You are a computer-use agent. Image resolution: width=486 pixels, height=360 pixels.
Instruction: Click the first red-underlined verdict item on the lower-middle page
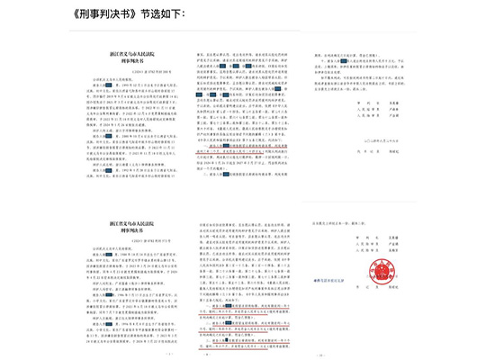coord(243,306)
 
